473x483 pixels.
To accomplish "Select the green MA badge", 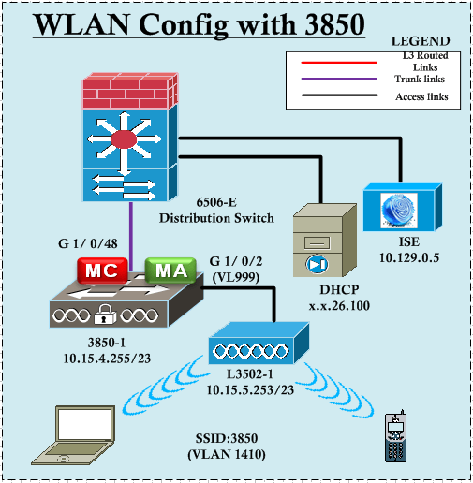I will coord(170,271).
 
